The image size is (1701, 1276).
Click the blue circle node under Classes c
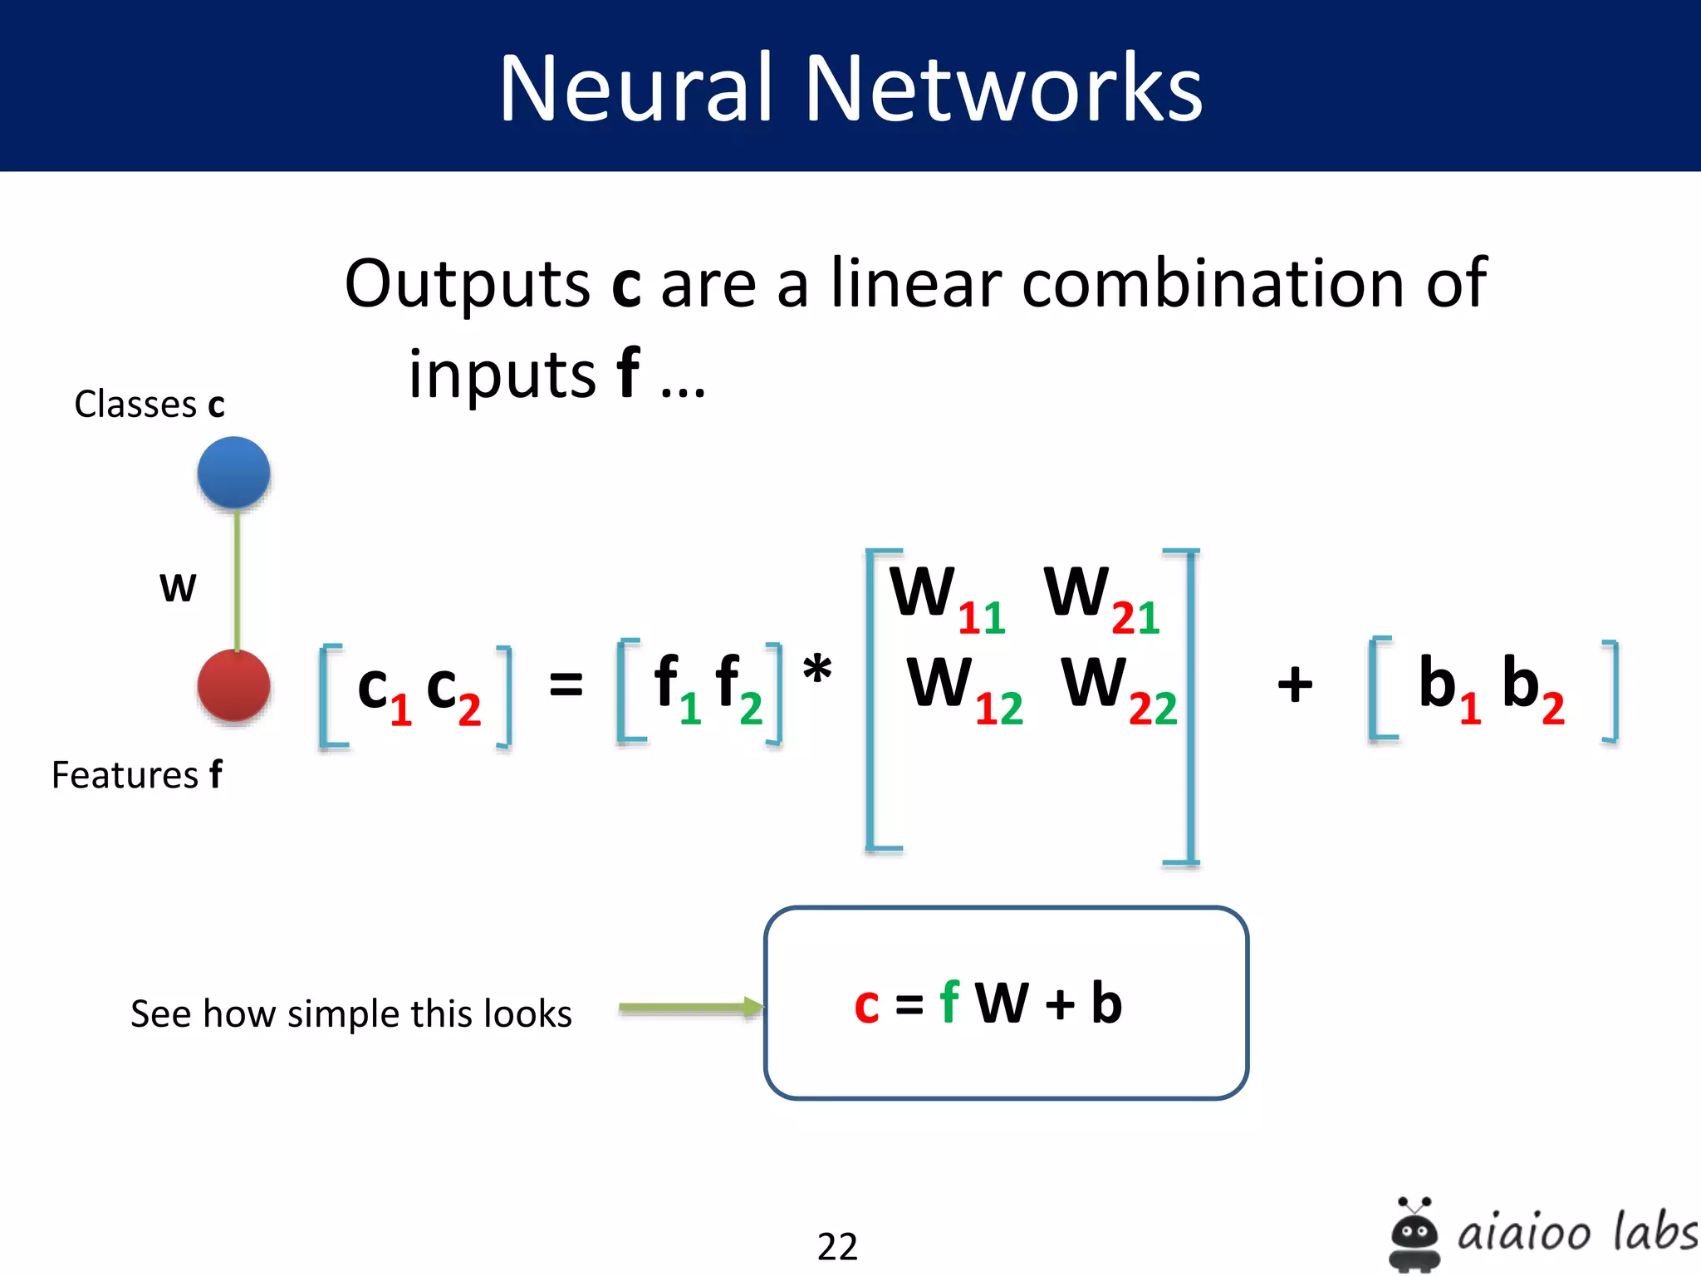click(x=233, y=473)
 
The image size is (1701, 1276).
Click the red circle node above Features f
click(x=233, y=686)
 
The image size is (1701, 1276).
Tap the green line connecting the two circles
click(x=238, y=579)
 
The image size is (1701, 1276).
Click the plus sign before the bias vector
click(x=1295, y=685)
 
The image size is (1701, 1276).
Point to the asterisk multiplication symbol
click(x=817, y=670)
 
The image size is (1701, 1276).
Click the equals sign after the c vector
click(x=566, y=686)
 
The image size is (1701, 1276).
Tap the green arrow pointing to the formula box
click(x=689, y=1008)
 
